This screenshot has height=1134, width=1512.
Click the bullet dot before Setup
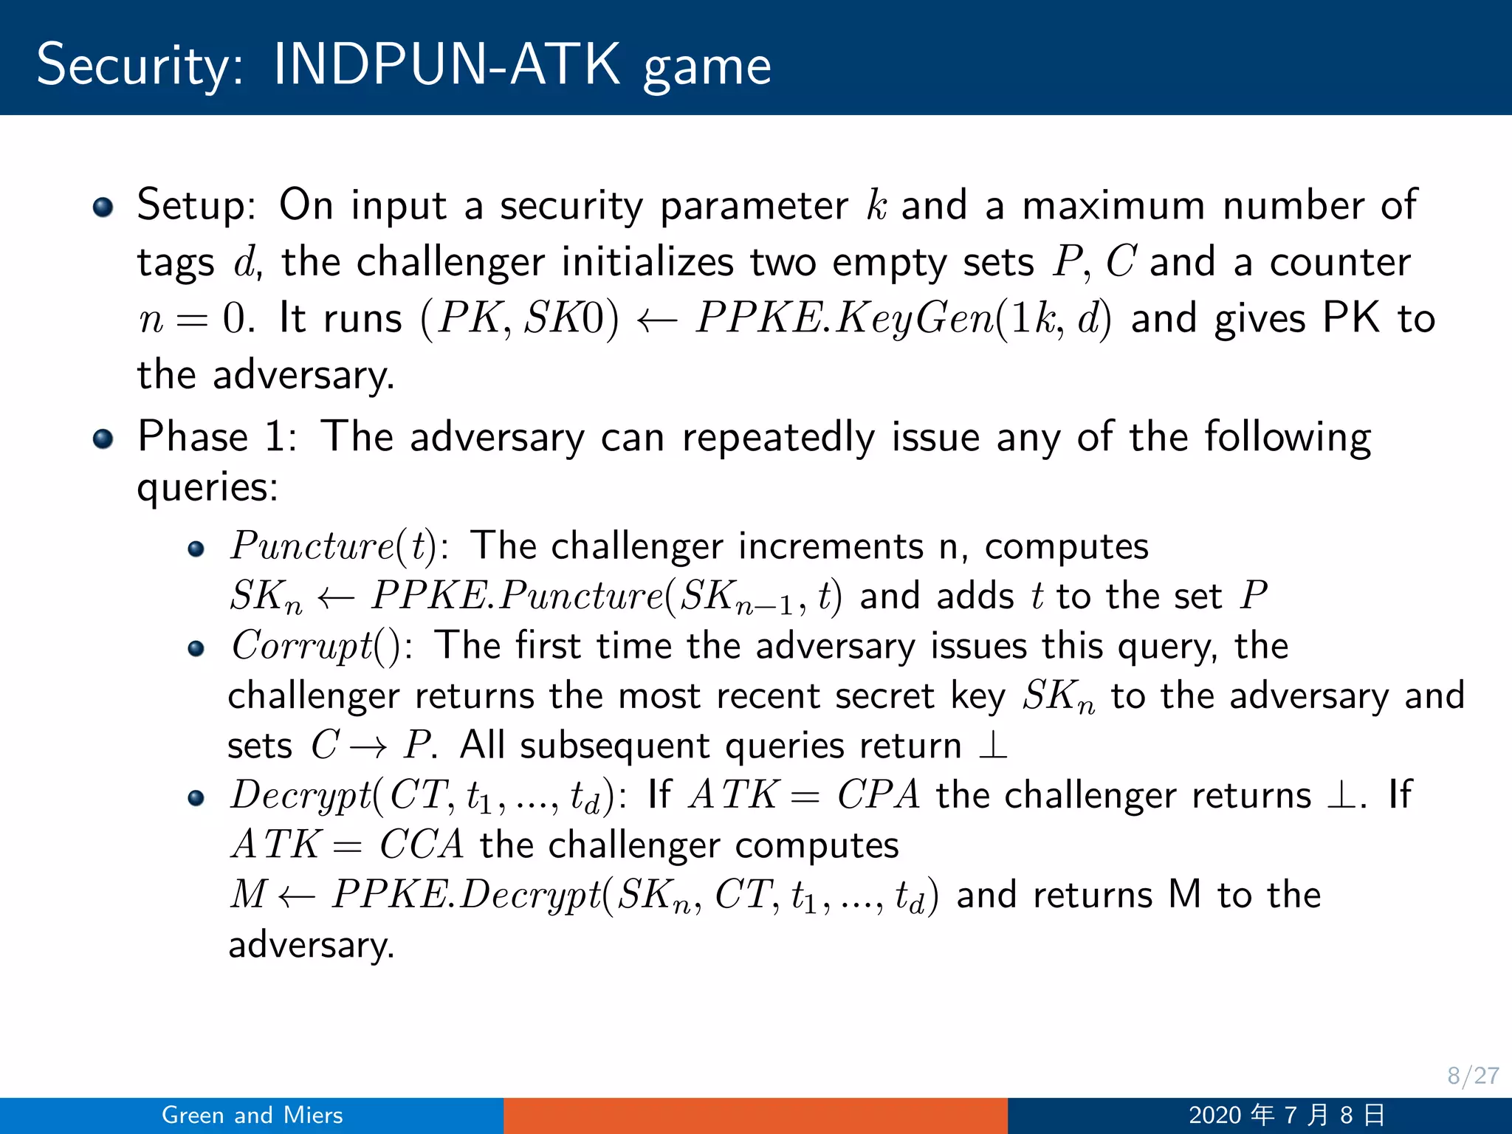(x=103, y=207)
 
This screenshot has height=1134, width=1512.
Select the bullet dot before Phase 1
(x=103, y=439)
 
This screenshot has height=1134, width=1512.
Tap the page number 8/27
(x=1472, y=1076)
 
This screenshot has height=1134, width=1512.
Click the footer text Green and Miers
(x=252, y=1115)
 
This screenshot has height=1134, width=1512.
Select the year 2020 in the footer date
(x=1214, y=1115)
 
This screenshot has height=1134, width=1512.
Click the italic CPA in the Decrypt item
(x=879, y=796)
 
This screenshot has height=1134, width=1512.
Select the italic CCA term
(x=422, y=845)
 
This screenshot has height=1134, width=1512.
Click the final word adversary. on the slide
(x=311, y=945)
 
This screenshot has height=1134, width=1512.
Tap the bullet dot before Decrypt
(x=196, y=798)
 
